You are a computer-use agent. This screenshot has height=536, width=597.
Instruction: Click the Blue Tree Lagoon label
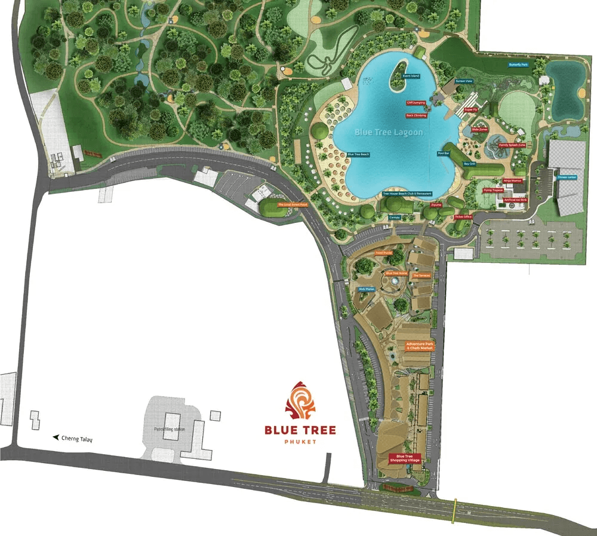coord(389,132)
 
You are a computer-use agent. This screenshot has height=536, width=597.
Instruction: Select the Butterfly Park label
coord(518,65)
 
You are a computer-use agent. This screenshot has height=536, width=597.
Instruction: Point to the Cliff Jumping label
coord(416,103)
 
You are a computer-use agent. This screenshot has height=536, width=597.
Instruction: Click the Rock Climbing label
coord(416,115)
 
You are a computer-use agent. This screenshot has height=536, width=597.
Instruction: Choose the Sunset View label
coord(464,81)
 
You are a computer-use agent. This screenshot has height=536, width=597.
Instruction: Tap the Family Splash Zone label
coord(512,145)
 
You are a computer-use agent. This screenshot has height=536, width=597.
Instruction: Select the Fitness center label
coord(567,177)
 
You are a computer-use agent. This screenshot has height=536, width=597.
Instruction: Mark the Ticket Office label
coord(463,217)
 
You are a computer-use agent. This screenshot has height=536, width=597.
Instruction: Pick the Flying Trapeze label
coord(493,190)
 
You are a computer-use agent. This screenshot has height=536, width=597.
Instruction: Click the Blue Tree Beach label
coord(358,154)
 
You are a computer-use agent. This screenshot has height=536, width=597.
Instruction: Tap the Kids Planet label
coord(366,289)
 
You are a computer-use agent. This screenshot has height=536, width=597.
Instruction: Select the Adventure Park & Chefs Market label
coord(419,347)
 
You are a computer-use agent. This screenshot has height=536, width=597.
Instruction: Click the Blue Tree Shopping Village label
coord(405,458)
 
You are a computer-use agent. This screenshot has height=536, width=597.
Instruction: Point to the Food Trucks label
coord(383,253)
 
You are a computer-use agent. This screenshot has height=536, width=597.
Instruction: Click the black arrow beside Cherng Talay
coord(56,437)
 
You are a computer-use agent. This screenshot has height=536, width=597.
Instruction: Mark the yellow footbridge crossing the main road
coord(456,510)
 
